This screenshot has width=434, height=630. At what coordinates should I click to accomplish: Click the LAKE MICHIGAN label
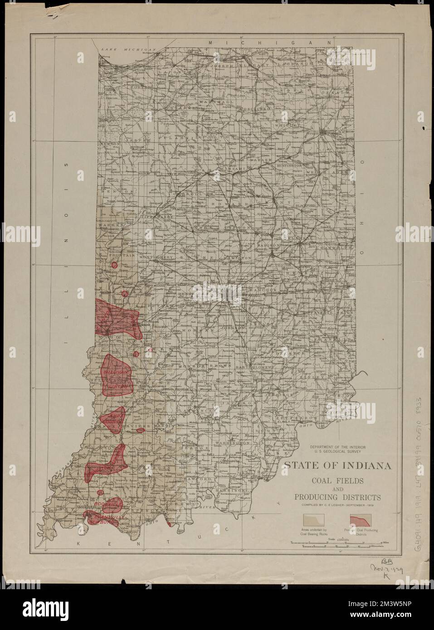[128, 48]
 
